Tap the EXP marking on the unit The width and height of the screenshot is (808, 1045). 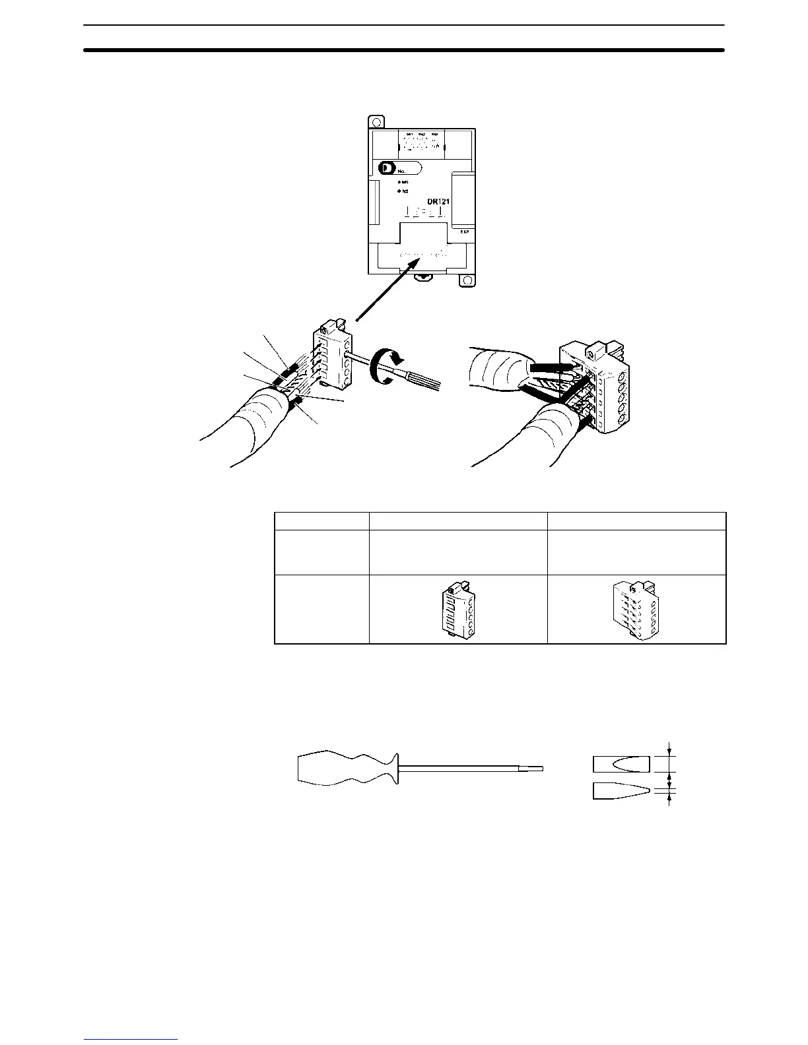tap(463, 232)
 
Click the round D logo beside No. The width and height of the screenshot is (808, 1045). tap(386, 168)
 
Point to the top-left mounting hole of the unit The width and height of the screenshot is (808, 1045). tap(375, 122)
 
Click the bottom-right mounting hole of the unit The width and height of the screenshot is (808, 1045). tap(467, 280)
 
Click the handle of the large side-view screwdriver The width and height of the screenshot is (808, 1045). tap(347, 769)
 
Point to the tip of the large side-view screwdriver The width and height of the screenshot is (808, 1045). tap(537, 768)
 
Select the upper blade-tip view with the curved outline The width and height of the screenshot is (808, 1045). tap(622, 765)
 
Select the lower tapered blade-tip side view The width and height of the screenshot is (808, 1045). tap(621, 790)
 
